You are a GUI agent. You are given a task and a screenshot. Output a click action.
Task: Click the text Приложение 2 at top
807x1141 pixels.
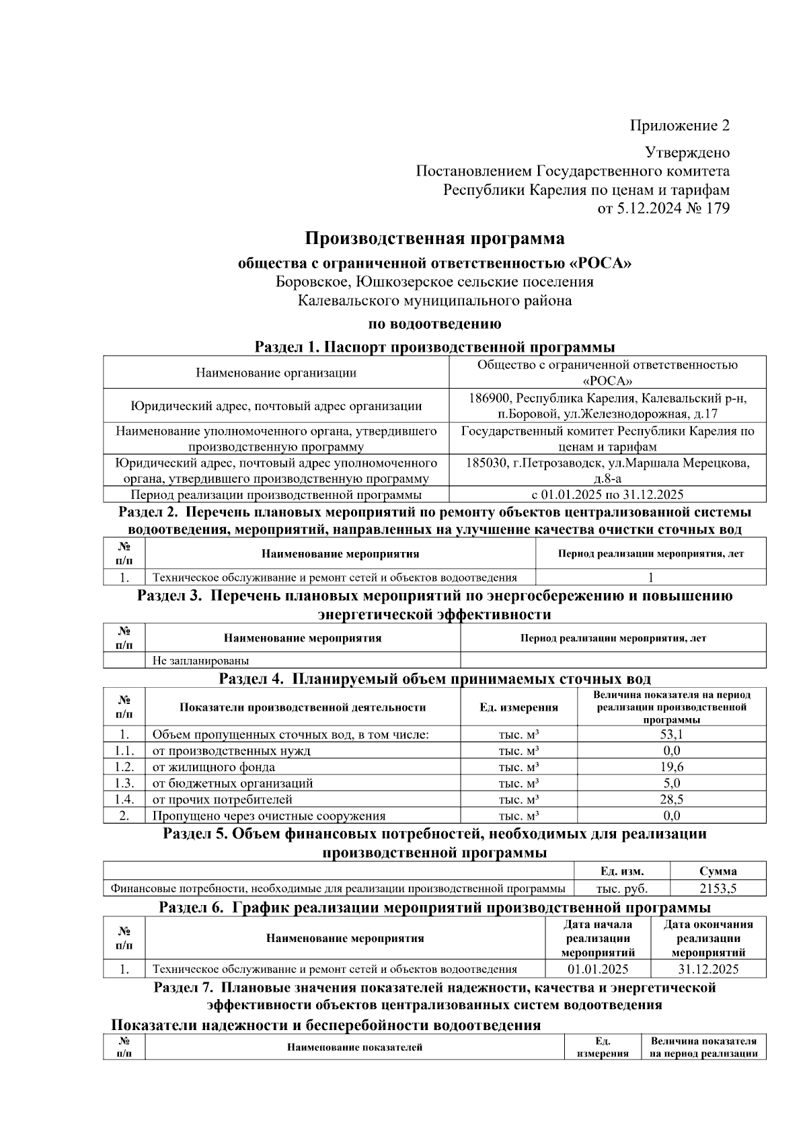coord(679,126)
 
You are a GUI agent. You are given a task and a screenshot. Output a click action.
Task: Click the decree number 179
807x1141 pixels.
coord(718,208)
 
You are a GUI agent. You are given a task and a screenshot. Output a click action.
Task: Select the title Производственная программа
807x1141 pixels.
coord(434,239)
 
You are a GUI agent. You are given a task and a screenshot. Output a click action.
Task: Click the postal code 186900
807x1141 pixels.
coord(490,399)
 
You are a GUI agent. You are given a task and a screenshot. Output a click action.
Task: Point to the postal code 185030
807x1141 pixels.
coord(487,463)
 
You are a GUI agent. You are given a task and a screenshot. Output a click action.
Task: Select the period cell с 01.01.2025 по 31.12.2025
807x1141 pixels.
coord(607,496)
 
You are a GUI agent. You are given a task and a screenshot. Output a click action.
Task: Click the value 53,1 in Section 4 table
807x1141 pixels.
coord(671,735)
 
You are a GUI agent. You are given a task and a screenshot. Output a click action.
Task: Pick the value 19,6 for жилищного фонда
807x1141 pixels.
coord(671,767)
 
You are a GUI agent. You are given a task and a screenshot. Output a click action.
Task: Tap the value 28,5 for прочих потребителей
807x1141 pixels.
coord(671,800)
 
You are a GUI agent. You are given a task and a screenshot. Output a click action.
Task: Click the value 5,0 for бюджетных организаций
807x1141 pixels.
coord(671,784)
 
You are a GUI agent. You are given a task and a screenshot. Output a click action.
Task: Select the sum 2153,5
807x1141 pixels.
coord(718,889)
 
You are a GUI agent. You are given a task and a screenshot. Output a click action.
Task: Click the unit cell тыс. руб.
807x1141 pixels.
coord(621,889)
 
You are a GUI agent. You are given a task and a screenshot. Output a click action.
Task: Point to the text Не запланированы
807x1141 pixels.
coord(200,661)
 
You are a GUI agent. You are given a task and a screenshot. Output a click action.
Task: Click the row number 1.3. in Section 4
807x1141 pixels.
coord(124,784)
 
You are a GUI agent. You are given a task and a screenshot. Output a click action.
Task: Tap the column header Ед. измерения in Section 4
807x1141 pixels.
coord(518,707)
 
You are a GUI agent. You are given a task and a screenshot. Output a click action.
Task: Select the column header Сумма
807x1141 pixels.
coord(718,871)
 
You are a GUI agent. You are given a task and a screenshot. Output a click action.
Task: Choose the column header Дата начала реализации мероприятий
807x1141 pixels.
coord(598,939)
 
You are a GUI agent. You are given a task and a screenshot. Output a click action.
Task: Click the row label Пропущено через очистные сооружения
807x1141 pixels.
coord(269,816)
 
